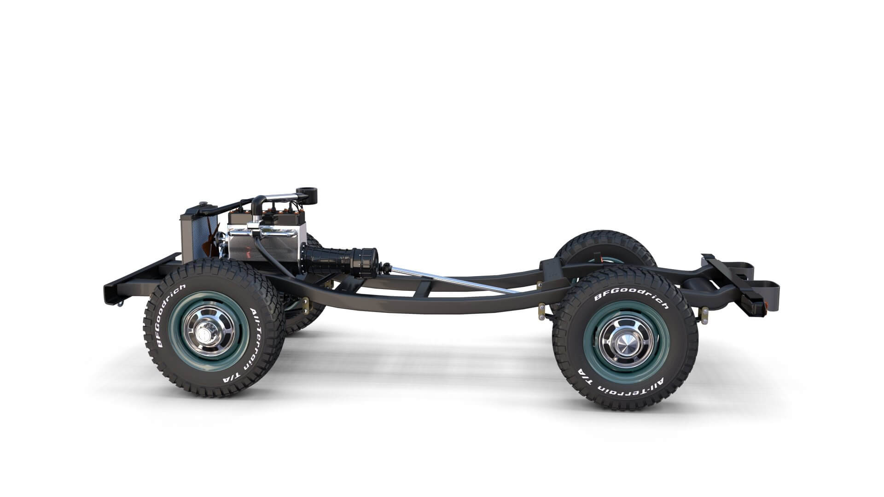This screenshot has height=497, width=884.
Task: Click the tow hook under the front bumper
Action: (121, 302)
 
